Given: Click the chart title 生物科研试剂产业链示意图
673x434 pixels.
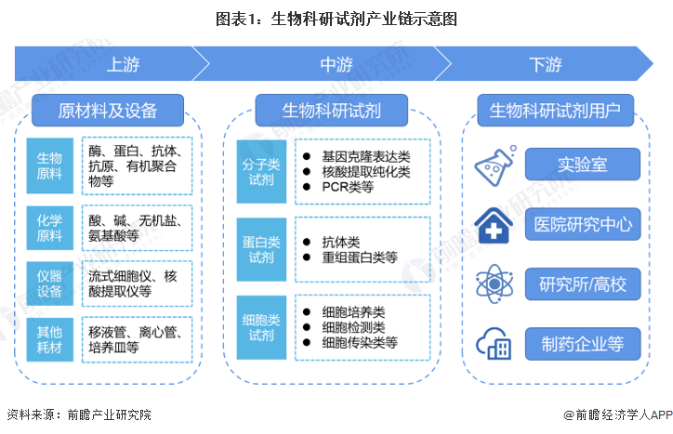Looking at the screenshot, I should click(336, 18).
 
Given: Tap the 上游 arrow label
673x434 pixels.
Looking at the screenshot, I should click(125, 65).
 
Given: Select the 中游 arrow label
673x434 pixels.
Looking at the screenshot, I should click(336, 65).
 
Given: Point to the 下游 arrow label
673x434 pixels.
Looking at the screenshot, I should click(546, 65).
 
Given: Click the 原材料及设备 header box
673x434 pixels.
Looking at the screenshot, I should click(108, 111).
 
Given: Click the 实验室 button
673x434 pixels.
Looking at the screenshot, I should click(582, 164).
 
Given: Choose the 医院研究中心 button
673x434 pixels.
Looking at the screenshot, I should click(582, 224).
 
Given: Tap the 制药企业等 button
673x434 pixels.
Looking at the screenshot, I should click(582, 344).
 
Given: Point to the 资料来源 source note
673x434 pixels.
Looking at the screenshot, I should click(78, 414).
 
